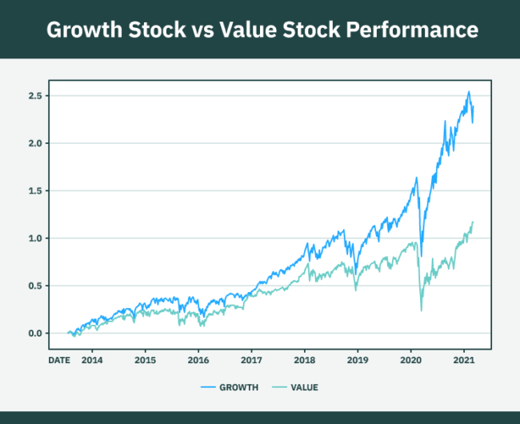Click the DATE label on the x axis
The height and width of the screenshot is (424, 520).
(x=59, y=361)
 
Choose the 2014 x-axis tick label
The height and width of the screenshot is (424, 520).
(x=91, y=361)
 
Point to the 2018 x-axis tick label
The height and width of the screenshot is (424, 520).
(x=304, y=361)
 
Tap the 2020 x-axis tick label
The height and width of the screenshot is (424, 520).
(x=410, y=361)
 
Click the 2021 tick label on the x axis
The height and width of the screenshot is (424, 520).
(x=464, y=361)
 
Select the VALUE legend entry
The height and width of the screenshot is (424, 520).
(x=304, y=387)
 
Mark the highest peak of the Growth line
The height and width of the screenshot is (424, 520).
(x=469, y=91)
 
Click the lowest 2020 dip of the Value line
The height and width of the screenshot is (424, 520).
(x=421, y=310)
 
